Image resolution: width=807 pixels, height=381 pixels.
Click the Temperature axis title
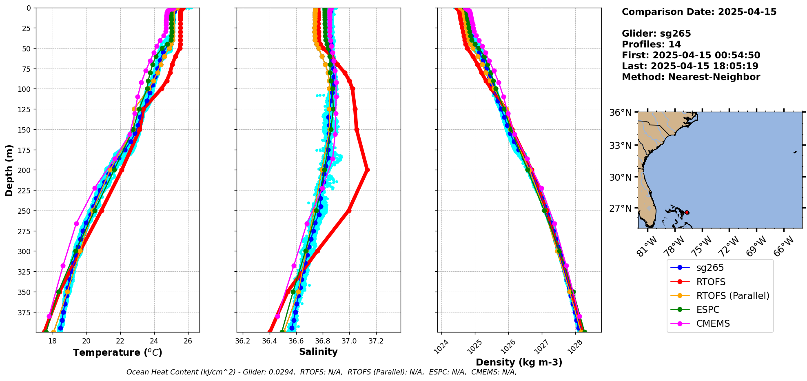(118, 352)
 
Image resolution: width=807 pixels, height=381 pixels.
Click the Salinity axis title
(318, 352)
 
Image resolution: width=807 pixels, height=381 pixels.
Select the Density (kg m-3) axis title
(519, 362)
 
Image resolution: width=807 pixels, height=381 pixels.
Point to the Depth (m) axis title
(9, 170)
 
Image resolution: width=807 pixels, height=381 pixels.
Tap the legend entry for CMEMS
(713, 323)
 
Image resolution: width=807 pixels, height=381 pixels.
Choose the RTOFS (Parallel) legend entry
(732, 296)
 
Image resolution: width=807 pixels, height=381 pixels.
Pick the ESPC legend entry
(707, 310)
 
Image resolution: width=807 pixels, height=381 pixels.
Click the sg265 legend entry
(710, 268)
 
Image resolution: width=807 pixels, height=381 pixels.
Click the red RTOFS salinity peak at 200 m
(367, 170)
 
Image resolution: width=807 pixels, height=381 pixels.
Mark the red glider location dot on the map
(687, 212)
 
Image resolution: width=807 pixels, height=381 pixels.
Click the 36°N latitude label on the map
(620, 113)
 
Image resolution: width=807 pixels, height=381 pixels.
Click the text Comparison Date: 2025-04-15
(699, 12)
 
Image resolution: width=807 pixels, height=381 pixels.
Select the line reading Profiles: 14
(651, 44)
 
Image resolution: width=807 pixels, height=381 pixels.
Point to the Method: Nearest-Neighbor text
(691, 77)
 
